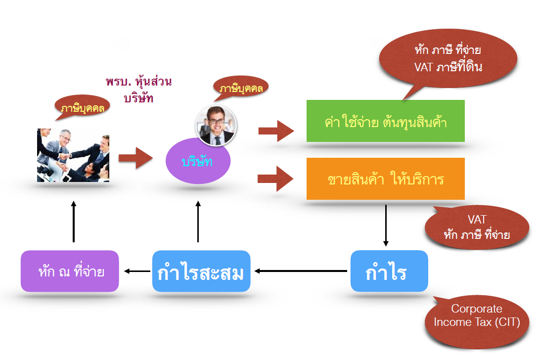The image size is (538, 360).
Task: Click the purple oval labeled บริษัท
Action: tap(198, 161)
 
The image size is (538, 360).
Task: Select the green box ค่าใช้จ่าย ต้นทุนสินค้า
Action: tap(385, 121)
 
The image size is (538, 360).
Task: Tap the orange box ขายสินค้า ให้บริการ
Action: tap(385, 179)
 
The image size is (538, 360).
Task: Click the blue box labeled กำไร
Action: tap(389, 271)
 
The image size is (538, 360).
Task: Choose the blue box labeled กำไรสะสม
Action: tap(201, 271)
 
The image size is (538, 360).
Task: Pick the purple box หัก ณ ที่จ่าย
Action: tap(70, 271)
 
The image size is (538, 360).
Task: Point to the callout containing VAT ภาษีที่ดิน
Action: tap(448, 59)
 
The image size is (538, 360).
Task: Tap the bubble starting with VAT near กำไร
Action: tap(477, 227)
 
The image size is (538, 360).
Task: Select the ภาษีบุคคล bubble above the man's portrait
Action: tap(241, 88)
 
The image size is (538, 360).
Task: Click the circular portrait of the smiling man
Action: tap(216, 126)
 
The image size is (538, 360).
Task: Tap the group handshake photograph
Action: tap(73, 155)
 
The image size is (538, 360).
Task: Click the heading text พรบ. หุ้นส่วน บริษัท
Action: tap(138, 90)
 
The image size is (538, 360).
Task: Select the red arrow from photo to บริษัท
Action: tap(135, 158)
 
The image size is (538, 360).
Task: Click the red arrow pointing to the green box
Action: tap(276, 131)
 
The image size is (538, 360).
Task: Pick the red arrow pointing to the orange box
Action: tap(275, 179)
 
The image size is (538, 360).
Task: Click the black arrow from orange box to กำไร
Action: tap(386, 225)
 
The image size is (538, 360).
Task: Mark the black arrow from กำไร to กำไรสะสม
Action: tap(301, 271)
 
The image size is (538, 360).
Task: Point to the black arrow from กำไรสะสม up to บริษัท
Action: tap(198, 222)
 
